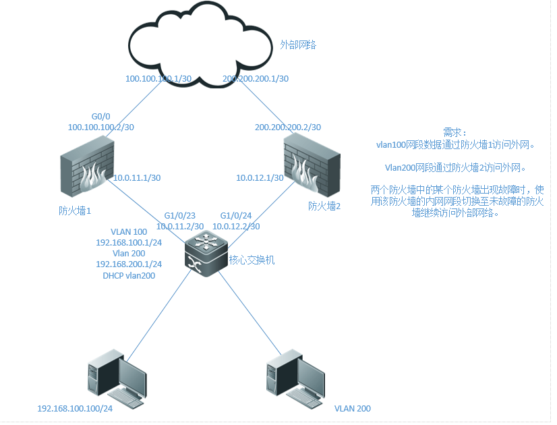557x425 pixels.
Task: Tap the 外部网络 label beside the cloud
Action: [x=299, y=45]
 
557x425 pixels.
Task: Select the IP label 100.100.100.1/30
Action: [x=159, y=79]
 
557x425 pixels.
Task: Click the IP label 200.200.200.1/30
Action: [x=256, y=79]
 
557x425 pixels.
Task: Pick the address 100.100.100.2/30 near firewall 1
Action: [x=101, y=127]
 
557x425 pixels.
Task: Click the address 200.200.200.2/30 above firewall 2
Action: [x=288, y=128]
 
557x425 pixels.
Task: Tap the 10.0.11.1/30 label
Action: [x=137, y=178]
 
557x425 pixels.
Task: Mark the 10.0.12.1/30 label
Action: [x=259, y=178]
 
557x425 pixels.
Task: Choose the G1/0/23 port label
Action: [x=179, y=216]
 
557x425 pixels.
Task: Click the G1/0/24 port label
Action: [x=236, y=216]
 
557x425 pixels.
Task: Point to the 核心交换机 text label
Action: [x=252, y=260]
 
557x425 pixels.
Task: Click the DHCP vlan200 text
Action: [x=129, y=276]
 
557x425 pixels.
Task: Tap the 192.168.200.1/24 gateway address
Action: [x=129, y=264]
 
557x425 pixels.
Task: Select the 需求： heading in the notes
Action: [x=455, y=133]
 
